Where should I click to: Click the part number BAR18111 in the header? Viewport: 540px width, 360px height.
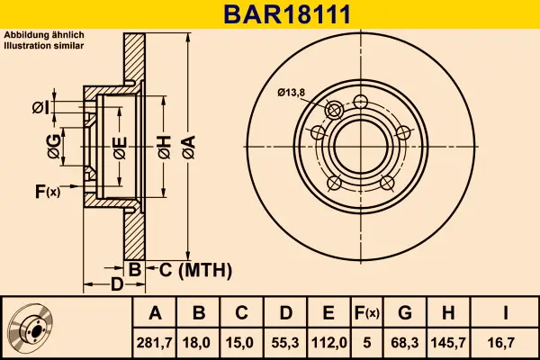[x=287, y=14]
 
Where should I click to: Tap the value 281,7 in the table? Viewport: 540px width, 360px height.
[x=154, y=343]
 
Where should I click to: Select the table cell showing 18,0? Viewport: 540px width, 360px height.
[x=196, y=343]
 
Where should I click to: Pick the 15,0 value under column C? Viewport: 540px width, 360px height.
[x=239, y=343]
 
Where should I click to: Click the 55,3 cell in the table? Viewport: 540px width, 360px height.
[x=285, y=343]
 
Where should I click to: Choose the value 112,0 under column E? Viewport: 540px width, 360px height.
[x=328, y=343]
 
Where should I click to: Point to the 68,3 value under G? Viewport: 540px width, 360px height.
[x=405, y=343]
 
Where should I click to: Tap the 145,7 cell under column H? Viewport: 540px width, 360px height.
[x=448, y=343]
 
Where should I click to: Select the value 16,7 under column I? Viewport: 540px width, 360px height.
[x=501, y=343]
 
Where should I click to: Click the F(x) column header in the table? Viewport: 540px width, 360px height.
[x=367, y=313]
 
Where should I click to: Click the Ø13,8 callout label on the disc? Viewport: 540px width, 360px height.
[x=292, y=93]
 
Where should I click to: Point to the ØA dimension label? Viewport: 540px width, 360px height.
[x=189, y=147]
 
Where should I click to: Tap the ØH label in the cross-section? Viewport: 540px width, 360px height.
[x=165, y=147]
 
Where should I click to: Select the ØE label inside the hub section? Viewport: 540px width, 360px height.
[x=121, y=148]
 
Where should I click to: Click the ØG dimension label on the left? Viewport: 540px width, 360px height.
[x=54, y=147]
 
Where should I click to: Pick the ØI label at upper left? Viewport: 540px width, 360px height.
[x=41, y=108]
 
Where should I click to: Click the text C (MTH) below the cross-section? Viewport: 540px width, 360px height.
[x=195, y=270]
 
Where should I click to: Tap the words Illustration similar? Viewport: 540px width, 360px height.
[x=44, y=46]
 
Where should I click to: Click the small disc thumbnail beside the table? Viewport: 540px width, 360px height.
[x=31, y=328]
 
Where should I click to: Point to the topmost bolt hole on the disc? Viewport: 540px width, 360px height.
[x=361, y=102]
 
